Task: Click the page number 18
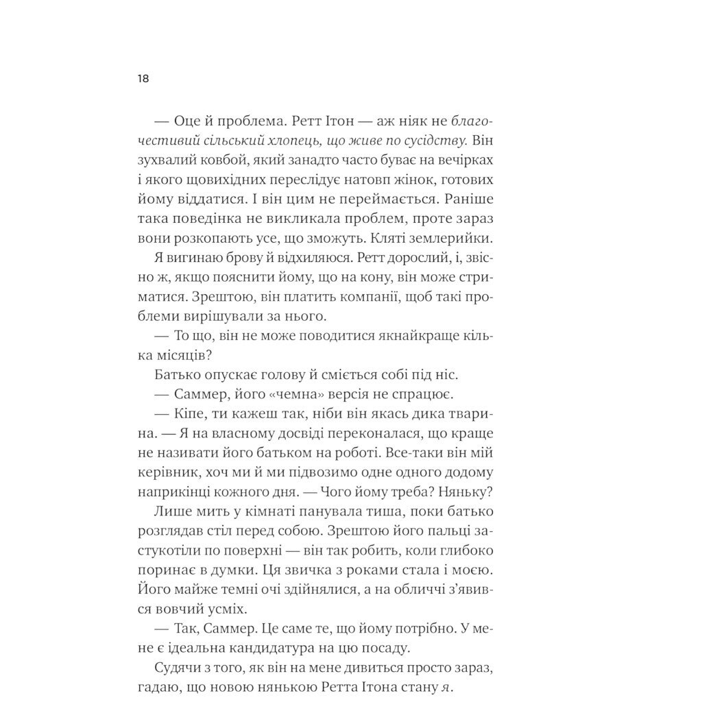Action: click(143, 79)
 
